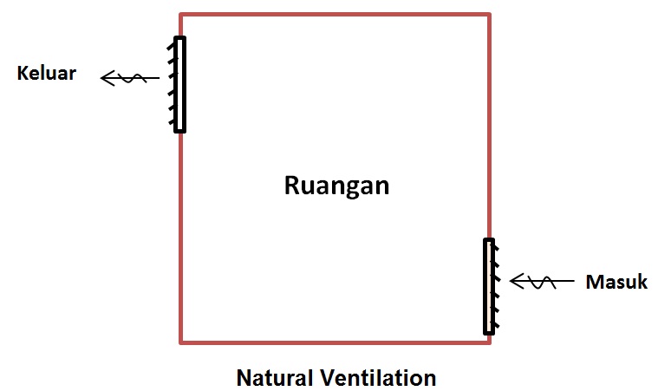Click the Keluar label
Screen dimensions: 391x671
coord(47,73)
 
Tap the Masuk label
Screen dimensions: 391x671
coord(616,282)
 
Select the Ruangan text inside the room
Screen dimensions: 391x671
coord(336,186)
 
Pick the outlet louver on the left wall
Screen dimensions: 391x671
coord(179,84)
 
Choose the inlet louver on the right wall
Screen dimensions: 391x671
coord(490,286)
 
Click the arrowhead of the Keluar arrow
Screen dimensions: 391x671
coord(106,79)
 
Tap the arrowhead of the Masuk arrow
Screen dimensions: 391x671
coord(515,282)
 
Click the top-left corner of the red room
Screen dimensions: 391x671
coord(181,15)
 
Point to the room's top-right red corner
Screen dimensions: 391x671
coord(490,15)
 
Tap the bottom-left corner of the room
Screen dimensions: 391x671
coord(181,342)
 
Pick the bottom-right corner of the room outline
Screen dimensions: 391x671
coord(490,342)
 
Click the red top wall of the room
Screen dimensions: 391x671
coord(335,15)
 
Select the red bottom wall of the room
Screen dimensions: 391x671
coord(335,342)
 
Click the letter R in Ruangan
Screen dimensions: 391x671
coord(292,186)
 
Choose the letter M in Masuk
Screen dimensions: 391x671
coord(594,282)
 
